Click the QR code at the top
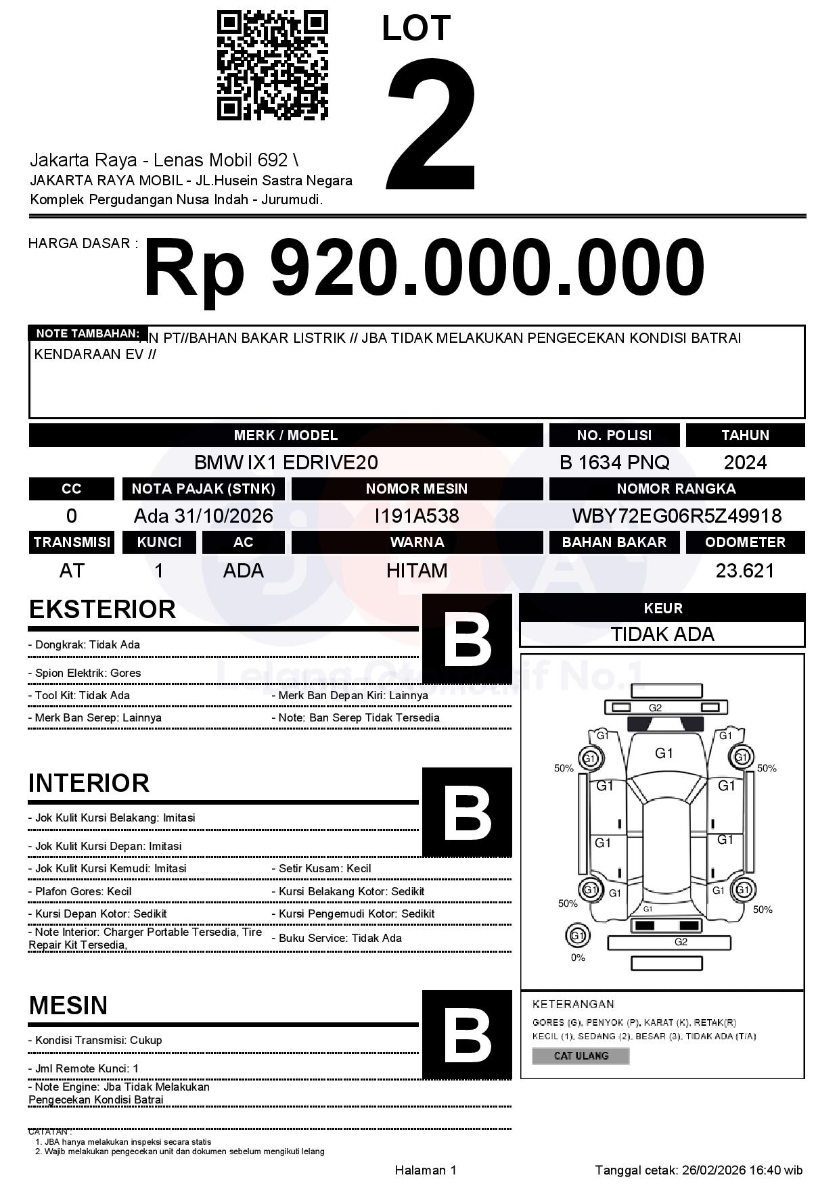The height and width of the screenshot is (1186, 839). click(x=272, y=66)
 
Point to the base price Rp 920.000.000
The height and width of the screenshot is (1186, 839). click(x=424, y=268)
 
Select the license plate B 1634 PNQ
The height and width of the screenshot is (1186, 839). click(x=614, y=462)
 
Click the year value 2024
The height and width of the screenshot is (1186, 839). click(x=745, y=462)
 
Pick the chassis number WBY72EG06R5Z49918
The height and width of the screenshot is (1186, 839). click(x=677, y=516)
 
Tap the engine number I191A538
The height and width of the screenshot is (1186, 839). click(x=417, y=516)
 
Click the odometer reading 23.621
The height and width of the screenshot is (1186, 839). click(x=745, y=571)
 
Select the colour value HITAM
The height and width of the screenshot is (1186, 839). click(x=417, y=571)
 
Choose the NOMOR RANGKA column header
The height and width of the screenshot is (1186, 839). click(x=677, y=489)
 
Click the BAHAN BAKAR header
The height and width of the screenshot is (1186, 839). click(x=614, y=542)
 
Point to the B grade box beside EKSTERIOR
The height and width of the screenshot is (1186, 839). click(x=467, y=639)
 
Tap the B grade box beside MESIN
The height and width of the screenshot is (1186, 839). click(x=467, y=1035)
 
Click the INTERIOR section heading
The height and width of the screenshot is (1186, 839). click(x=89, y=783)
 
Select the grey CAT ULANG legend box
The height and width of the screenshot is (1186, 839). click(x=581, y=1055)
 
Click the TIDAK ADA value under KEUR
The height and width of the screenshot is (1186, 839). click(x=662, y=634)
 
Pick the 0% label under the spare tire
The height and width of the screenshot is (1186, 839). click(x=578, y=957)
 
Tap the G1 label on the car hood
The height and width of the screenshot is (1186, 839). click(x=664, y=753)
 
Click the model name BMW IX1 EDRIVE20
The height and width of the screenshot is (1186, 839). click(x=286, y=462)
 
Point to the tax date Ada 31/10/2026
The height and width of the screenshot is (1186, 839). click(x=204, y=516)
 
